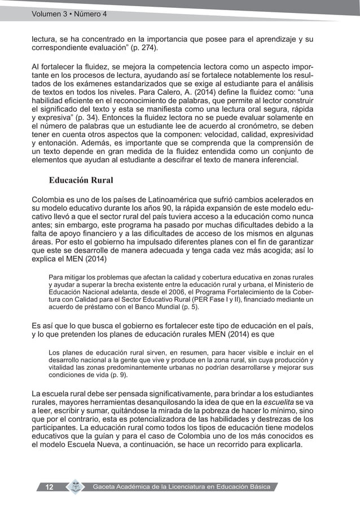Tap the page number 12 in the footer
[x=49, y=487]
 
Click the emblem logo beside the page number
[x=74, y=487]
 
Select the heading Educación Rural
[x=81, y=181]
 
